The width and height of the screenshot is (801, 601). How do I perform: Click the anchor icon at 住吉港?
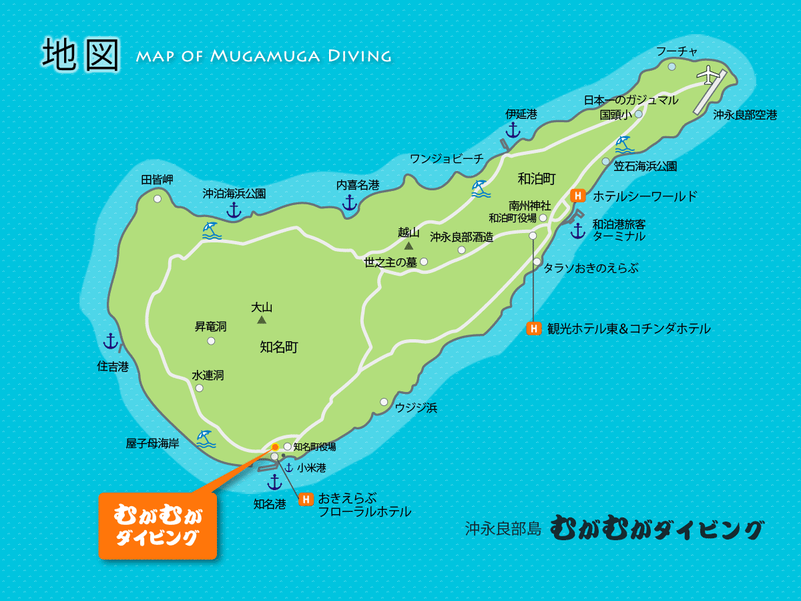(x=111, y=341)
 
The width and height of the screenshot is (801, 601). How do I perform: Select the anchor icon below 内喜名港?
(x=349, y=202)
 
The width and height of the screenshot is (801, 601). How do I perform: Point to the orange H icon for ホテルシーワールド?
(x=578, y=196)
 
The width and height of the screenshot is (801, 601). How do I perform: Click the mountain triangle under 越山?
(x=408, y=246)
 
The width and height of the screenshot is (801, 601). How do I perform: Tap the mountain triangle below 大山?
(x=262, y=320)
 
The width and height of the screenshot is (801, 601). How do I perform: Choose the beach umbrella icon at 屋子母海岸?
(x=205, y=438)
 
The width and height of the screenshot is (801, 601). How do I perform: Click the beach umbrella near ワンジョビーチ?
(x=479, y=188)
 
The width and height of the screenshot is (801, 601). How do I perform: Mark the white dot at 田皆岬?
(x=158, y=198)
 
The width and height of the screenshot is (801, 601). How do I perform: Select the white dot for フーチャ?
(x=672, y=67)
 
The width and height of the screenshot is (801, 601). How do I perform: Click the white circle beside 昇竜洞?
(x=211, y=341)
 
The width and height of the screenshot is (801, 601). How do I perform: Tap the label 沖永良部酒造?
(x=461, y=237)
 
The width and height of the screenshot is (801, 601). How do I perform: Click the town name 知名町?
(x=278, y=347)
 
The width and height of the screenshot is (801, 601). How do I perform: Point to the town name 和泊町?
(x=537, y=178)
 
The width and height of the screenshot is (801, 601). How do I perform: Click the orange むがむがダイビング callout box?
(x=158, y=526)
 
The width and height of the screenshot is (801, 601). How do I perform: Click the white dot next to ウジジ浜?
(x=384, y=402)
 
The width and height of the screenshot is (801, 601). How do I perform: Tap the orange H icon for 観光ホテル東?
(x=533, y=328)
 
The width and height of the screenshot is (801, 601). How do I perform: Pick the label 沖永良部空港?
(x=745, y=115)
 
